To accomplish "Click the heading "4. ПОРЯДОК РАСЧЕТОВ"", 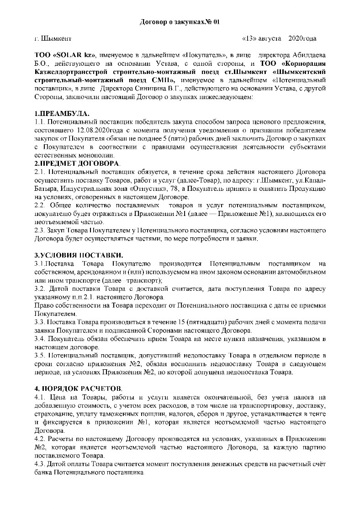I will point(78,388).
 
